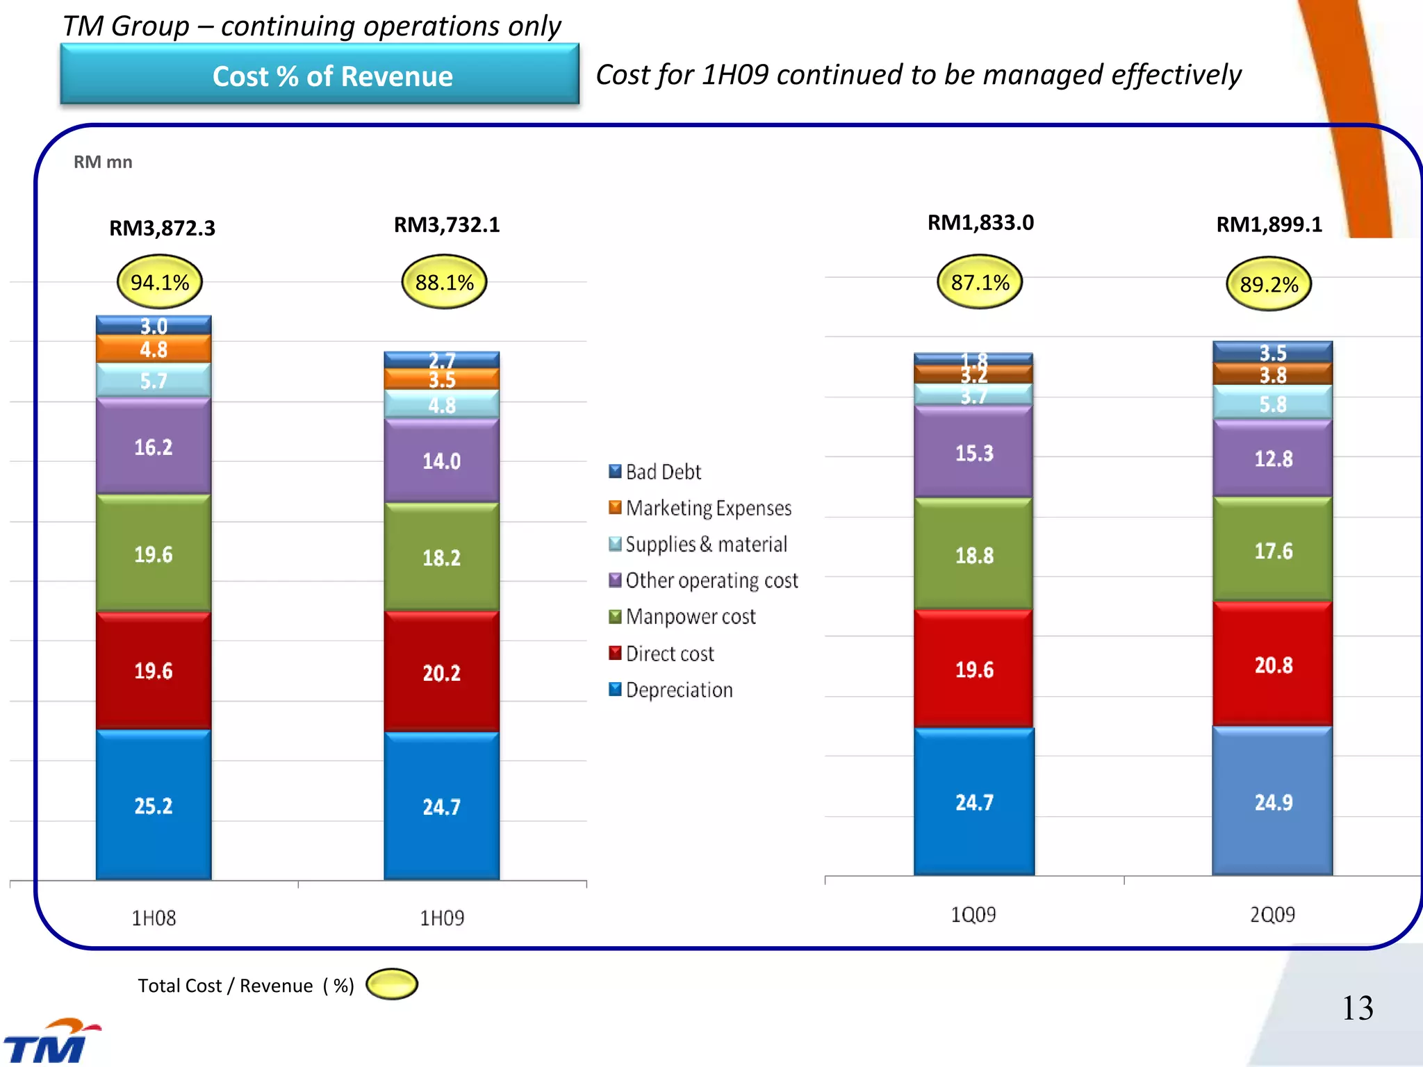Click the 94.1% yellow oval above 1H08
coord(160,282)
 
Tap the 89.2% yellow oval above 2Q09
coord(1269,284)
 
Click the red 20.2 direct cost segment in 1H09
coord(441,672)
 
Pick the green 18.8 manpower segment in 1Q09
coord(973,554)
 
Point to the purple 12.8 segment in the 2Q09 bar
coord(1272,458)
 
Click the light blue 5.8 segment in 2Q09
coord(1272,403)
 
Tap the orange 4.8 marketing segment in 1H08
coord(154,349)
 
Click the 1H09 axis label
coord(441,918)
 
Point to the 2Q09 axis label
coord(1272,914)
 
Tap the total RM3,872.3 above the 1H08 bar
coord(162,228)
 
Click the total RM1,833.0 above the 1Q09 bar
coord(980,222)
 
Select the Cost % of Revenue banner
coord(320,75)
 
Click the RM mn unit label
coord(103,162)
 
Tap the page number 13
coord(1357,1007)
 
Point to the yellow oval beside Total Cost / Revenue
coord(392,984)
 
